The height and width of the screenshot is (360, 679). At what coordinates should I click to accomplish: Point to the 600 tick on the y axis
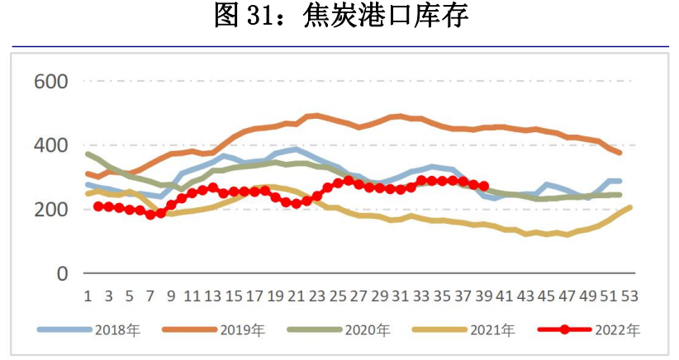pyautogui.click(x=50, y=82)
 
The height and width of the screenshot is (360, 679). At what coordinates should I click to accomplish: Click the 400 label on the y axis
pyautogui.click(x=50, y=145)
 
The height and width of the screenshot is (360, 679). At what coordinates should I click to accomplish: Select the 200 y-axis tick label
pyautogui.click(x=50, y=210)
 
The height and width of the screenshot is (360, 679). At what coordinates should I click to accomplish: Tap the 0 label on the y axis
pyautogui.click(x=61, y=273)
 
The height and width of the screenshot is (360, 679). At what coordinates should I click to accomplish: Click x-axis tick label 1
pyautogui.click(x=88, y=296)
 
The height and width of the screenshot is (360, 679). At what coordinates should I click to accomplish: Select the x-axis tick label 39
pyautogui.click(x=485, y=296)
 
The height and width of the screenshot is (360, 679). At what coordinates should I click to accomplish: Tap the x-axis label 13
pyautogui.click(x=213, y=296)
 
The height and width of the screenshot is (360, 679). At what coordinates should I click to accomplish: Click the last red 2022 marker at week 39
pyautogui.click(x=484, y=186)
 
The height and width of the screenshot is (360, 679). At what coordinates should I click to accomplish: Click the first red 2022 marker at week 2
pyautogui.click(x=98, y=206)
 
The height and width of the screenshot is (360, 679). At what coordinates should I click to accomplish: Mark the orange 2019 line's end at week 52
pyautogui.click(x=620, y=154)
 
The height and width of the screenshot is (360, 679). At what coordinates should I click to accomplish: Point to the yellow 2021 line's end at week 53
pyautogui.click(x=631, y=207)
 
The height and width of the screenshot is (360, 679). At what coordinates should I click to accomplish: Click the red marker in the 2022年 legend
pyautogui.click(x=563, y=329)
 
